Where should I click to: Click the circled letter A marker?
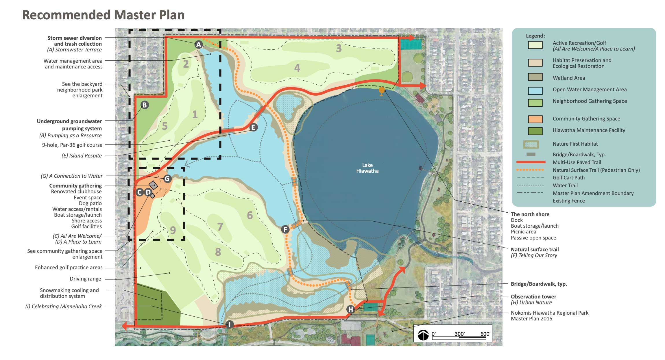(x=198, y=45)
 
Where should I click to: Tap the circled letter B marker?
(x=145, y=105)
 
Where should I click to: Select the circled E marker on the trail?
(x=253, y=127)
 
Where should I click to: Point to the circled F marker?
(x=285, y=229)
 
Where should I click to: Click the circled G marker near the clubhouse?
(x=167, y=179)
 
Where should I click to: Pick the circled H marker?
(x=350, y=309)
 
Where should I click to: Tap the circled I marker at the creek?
(x=229, y=324)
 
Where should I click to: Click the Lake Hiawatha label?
(x=367, y=168)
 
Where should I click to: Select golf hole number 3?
(x=339, y=48)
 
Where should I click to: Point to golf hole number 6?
(x=250, y=215)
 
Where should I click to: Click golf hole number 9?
(x=173, y=230)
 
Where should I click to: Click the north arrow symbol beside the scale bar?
(x=423, y=335)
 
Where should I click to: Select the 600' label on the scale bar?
(x=485, y=334)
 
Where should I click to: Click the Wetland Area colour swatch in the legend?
(x=535, y=77)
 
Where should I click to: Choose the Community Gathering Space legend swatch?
(x=535, y=119)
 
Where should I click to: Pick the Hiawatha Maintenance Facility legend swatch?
(x=535, y=131)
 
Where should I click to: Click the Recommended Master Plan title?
(x=103, y=15)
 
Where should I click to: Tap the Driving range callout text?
(x=85, y=279)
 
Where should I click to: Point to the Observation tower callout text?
(x=533, y=296)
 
